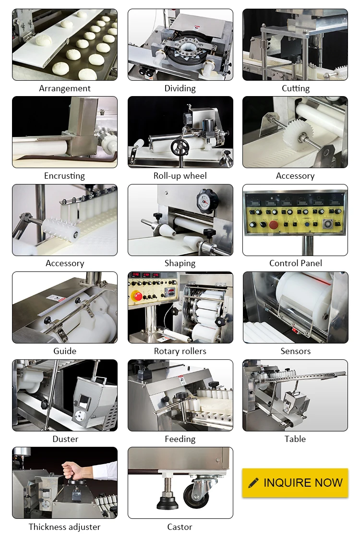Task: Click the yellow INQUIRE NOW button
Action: click(x=295, y=482)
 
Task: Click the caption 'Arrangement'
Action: click(x=65, y=88)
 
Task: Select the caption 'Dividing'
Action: click(x=180, y=88)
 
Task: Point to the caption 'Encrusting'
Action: click(x=64, y=176)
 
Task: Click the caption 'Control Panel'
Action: click(x=295, y=263)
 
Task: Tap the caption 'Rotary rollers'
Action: click(x=180, y=351)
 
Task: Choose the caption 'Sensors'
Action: click(x=295, y=351)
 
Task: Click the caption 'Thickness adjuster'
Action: click(x=65, y=527)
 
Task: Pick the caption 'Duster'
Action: click(x=65, y=439)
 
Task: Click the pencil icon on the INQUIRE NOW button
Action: click(x=253, y=483)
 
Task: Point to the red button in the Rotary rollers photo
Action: click(x=138, y=296)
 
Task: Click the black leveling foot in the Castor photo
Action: click(x=168, y=503)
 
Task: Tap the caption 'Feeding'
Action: click(x=180, y=439)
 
